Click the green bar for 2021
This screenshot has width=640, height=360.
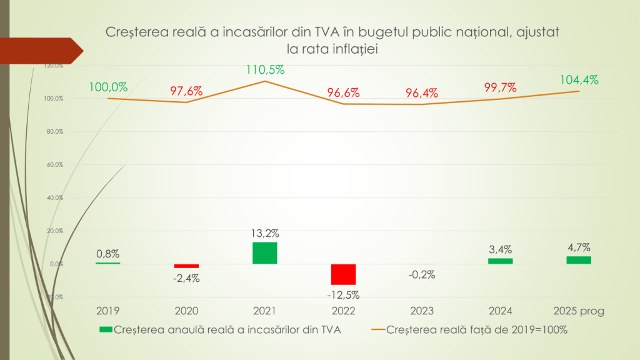(x=264, y=253)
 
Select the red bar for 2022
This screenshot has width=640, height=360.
(x=343, y=274)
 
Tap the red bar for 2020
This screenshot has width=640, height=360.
(x=186, y=266)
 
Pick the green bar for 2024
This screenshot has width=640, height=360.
(x=500, y=261)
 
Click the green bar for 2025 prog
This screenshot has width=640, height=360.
(x=579, y=260)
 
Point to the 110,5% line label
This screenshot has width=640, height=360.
(x=265, y=70)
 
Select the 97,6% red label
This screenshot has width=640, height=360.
(x=186, y=91)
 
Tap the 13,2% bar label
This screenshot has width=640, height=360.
(x=264, y=233)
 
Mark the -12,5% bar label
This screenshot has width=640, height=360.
(x=343, y=294)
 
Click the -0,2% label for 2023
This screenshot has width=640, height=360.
(x=422, y=274)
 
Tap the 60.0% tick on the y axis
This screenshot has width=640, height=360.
(x=54, y=165)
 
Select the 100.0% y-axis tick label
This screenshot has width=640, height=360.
(x=54, y=99)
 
